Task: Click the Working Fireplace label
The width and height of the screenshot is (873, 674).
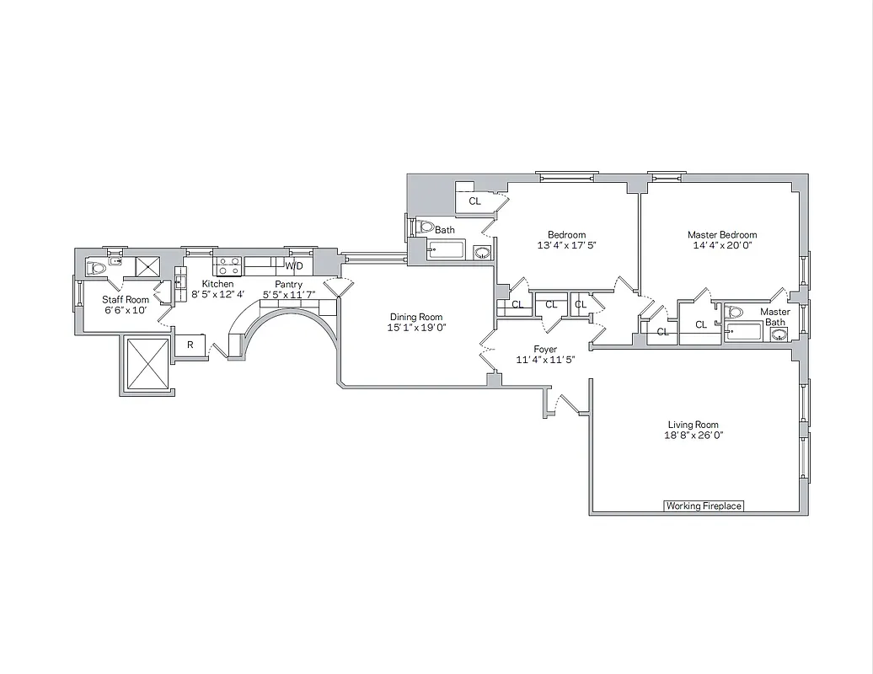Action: [704, 505]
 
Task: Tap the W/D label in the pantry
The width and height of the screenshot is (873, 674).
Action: [293, 266]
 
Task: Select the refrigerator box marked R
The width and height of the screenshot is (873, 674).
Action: [190, 345]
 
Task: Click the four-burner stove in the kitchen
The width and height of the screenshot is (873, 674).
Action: [228, 267]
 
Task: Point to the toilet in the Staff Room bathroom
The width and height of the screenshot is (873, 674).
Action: [96, 268]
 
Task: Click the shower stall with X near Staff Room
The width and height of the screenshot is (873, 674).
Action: [147, 267]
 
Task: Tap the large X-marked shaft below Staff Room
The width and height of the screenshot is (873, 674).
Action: [147, 365]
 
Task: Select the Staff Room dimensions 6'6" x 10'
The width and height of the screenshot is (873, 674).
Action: [126, 311]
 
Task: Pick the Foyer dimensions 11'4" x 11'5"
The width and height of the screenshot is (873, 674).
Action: [545, 361]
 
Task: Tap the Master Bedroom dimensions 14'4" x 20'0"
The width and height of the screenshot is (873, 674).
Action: [721, 246]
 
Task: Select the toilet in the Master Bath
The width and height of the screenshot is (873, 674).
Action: [735, 313]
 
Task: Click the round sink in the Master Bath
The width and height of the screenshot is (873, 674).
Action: [779, 333]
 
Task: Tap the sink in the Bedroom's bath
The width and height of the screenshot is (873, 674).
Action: [481, 251]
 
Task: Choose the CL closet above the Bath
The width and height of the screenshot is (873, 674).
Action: [474, 201]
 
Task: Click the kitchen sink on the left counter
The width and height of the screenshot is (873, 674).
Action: [179, 278]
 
